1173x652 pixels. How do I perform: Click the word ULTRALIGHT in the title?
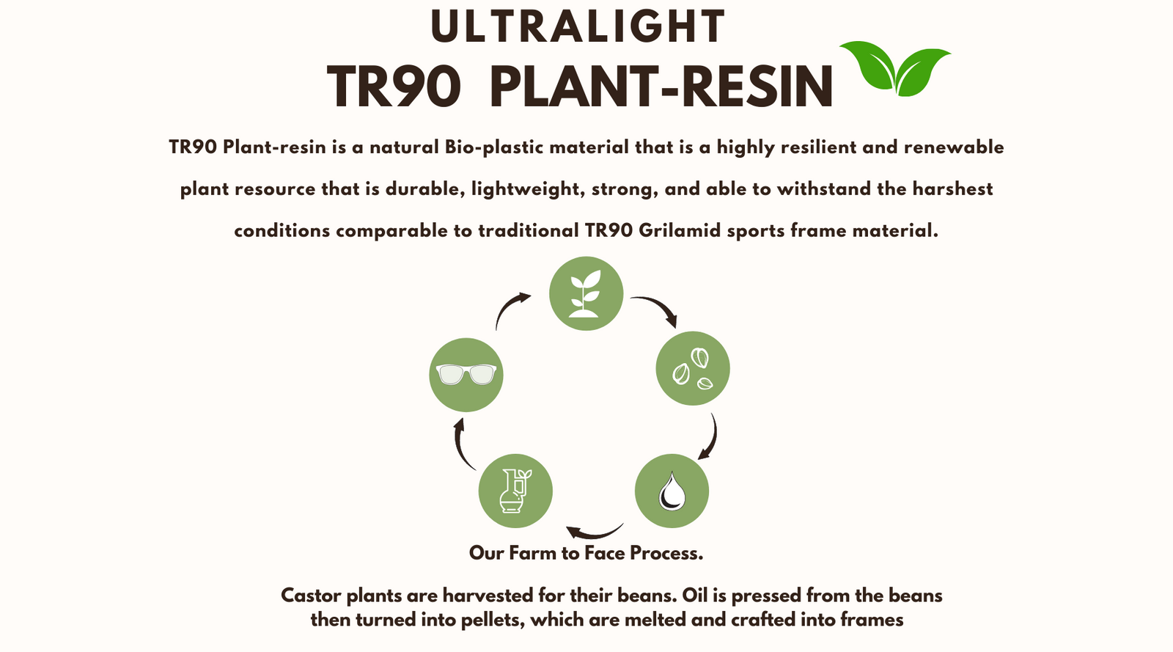(578, 26)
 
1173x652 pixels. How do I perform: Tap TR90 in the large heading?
(394, 87)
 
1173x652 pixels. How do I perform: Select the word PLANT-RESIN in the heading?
(661, 87)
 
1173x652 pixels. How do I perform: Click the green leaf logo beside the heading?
(895, 69)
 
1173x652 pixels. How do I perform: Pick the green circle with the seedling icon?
(586, 293)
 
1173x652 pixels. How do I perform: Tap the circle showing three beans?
(693, 368)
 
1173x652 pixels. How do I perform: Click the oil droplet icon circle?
(672, 491)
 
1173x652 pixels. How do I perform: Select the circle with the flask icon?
(515, 491)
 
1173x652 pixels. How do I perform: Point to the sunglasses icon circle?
(466, 375)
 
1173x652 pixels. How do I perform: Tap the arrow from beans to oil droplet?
(713, 437)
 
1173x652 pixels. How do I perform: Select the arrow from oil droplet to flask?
(595, 535)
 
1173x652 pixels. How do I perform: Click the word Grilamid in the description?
(680, 230)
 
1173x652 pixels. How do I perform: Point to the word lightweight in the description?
(529, 189)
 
